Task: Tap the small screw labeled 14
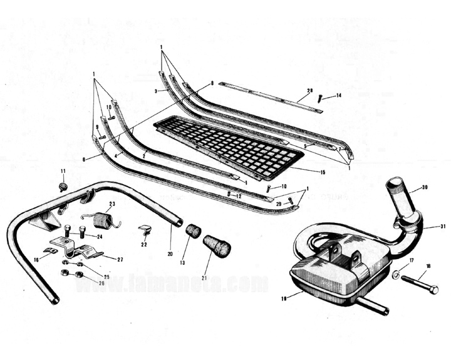pyautogui.click(x=319, y=98)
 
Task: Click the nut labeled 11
pyautogui.click(x=63, y=187)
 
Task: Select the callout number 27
pyautogui.click(x=120, y=258)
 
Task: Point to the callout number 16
pyautogui.click(x=36, y=257)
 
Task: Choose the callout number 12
pyautogui.click(x=239, y=195)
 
